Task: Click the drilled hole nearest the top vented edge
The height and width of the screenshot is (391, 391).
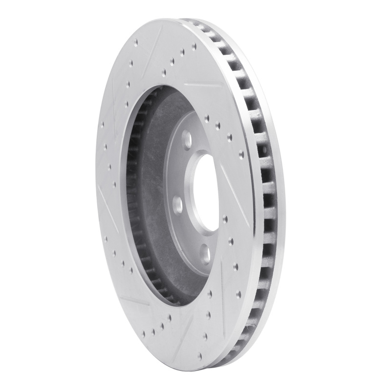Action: click(194, 46)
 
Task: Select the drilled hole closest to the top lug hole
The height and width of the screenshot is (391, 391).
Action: click(206, 117)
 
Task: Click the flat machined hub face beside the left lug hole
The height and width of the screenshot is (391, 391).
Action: click(188, 215)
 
